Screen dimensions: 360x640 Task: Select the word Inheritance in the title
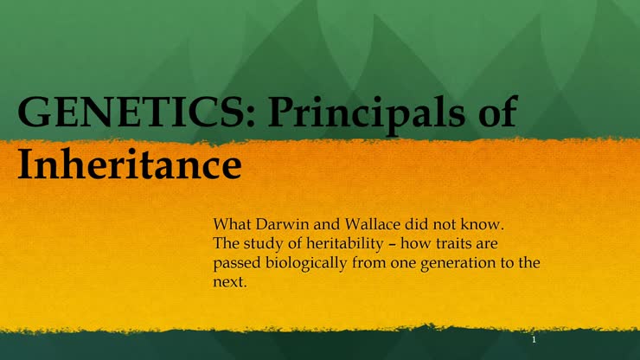pos(129,163)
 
